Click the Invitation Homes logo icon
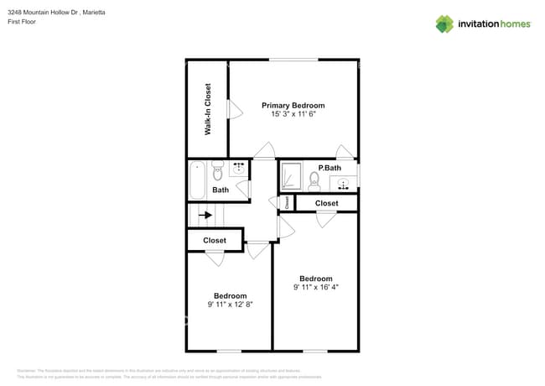click(x=444, y=24)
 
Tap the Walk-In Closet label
click(x=208, y=109)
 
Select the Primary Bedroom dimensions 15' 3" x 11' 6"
click(x=293, y=114)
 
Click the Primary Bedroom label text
click(x=293, y=105)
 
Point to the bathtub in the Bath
click(x=197, y=179)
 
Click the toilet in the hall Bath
click(x=217, y=173)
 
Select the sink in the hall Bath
click(x=239, y=169)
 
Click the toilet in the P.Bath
click(x=314, y=180)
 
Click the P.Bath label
click(x=330, y=168)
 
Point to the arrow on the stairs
click(x=204, y=215)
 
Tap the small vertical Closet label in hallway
click(x=287, y=202)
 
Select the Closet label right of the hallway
click(x=326, y=203)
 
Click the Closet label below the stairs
click(x=214, y=241)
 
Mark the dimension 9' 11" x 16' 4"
click(x=315, y=287)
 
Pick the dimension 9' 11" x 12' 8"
click(x=230, y=305)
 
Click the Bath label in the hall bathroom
click(x=220, y=190)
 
